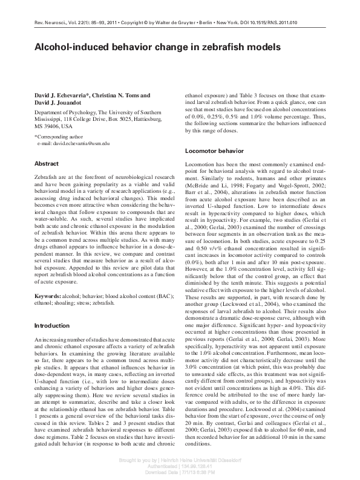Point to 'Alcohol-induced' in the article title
point(71,47)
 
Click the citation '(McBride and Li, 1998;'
point(212,186)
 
